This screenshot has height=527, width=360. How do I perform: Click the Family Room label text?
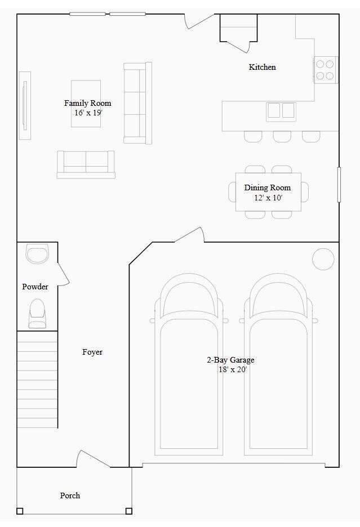tap(87, 103)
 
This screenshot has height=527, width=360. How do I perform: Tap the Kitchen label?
tap(263, 67)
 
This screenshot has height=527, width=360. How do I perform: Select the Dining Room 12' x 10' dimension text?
tap(268, 198)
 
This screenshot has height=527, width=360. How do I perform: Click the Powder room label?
tap(35, 287)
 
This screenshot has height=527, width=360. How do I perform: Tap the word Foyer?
tap(92, 352)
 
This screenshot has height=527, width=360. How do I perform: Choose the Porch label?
tap(70, 495)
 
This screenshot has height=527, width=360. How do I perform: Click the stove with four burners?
tap(325, 70)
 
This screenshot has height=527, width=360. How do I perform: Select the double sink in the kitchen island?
tap(281, 110)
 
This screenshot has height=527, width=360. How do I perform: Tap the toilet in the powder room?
tap(37, 313)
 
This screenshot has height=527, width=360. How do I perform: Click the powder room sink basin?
tap(38, 254)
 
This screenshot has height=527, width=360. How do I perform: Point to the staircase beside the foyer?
tap(37, 379)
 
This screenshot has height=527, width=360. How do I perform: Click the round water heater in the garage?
tap(323, 259)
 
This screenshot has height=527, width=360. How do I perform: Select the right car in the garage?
tap(278, 366)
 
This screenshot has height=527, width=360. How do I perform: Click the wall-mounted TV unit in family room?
tap(25, 105)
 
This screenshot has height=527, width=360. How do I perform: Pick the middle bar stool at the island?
tap(282, 136)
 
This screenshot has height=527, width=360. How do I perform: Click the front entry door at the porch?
tap(94, 459)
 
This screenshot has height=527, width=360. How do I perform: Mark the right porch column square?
tap(128, 511)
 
